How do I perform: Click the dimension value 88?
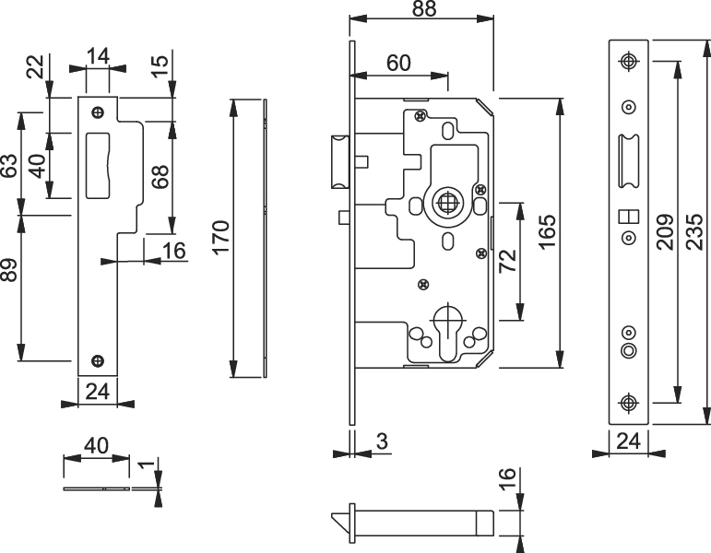(x=424, y=9)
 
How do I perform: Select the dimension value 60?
(x=398, y=63)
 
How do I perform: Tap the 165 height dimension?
(x=548, y=231)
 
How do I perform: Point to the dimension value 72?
(x=508, y=261)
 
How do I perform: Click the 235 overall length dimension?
(x=694, y=231)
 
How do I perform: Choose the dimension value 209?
(x=665, y=231)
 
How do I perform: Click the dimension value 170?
(x=222, y=238)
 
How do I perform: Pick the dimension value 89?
(x=10, y=270)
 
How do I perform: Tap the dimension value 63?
(x=10, y=166)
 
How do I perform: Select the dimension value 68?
(x=160, y=177)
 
